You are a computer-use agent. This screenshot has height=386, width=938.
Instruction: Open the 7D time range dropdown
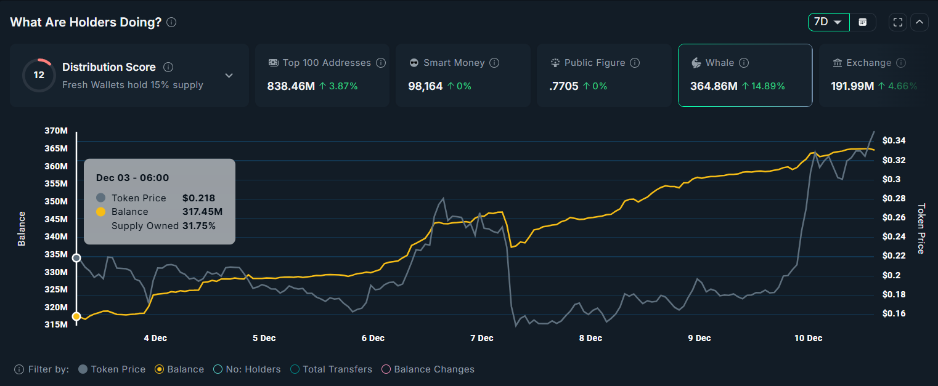(828, 22)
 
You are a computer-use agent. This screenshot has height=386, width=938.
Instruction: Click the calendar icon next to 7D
(863, 22)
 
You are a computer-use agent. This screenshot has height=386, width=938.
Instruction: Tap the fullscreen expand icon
(898, 22)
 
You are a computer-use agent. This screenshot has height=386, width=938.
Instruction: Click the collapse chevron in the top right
(920, 22)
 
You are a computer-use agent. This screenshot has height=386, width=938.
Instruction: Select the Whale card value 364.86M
(714, 86)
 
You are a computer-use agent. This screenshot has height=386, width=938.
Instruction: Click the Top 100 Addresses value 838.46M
(291, 86)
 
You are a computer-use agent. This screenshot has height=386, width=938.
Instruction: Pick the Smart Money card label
(454, 63)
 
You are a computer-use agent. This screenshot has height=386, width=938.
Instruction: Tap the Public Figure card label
(594, 63)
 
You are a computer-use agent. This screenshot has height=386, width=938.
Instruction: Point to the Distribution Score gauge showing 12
(39, 75)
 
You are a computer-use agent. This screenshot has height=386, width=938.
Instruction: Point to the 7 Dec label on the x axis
(482, 338)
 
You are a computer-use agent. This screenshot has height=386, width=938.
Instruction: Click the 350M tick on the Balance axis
(56, 201)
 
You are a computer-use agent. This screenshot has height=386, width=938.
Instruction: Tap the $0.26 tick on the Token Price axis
(894, 217)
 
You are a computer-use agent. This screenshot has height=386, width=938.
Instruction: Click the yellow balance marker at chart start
(76, 316)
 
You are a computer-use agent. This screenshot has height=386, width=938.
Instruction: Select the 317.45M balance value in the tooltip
(202, 212)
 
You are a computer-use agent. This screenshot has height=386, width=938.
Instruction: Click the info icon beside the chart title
(171, 22)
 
